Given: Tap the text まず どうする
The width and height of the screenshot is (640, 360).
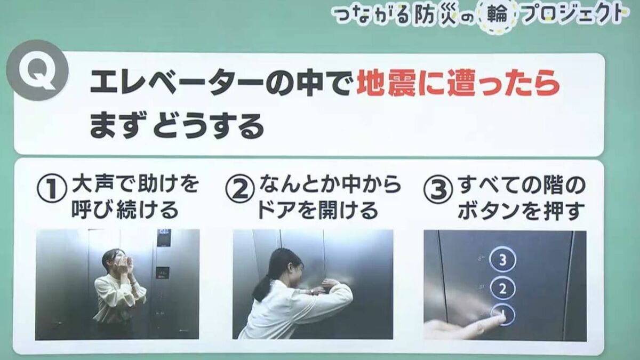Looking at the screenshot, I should [x=177, y=127].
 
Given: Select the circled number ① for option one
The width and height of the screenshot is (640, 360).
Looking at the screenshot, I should [x=51, y=190].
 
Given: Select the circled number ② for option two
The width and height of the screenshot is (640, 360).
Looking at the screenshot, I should [x=239, y=190].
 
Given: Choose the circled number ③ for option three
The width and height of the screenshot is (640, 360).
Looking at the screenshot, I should [x=438, y=190].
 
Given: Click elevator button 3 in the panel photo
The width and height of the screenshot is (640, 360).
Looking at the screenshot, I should [x=502, y=260].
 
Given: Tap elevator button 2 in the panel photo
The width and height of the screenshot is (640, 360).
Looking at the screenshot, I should [x=502, y=289].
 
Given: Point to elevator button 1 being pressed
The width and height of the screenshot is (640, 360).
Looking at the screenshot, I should [x=502, y=315].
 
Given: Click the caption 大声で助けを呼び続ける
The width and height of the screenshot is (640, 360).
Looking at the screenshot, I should [x=128, y=197].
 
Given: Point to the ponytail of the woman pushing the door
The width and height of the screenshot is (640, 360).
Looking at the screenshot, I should [x=262, y=288].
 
